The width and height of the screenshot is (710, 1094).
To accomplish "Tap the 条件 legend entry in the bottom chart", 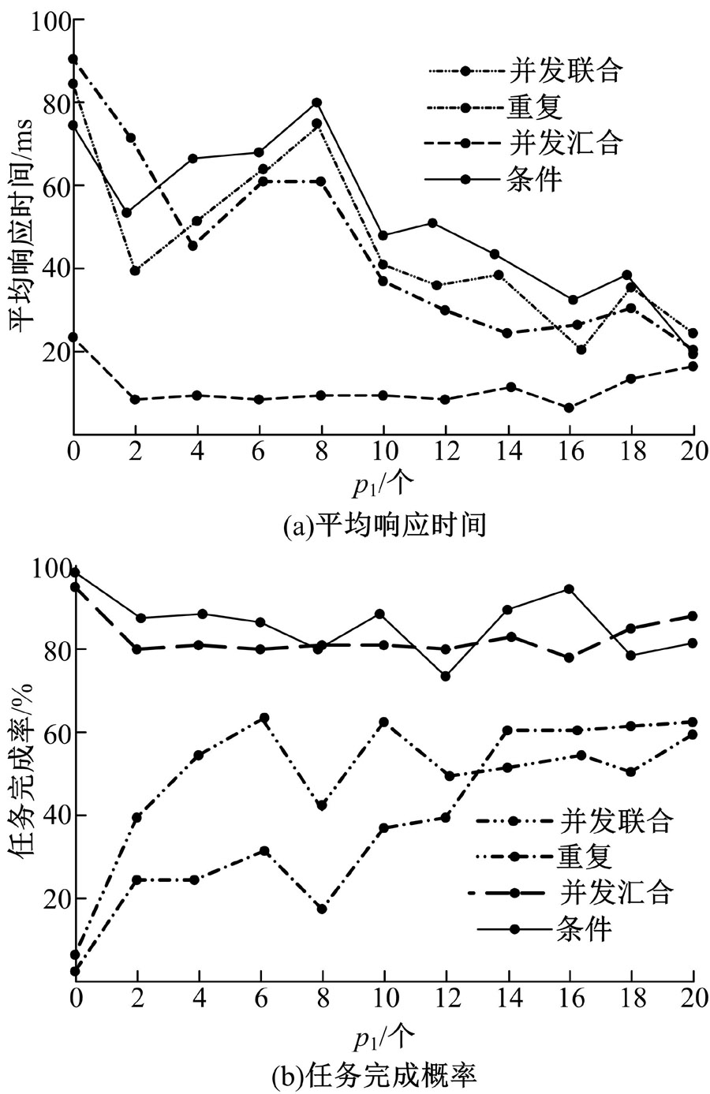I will click(584, 928).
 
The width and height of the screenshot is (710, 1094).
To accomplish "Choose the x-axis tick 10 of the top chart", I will click(383, 454).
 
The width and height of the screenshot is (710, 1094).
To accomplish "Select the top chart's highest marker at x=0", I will click(73, 59).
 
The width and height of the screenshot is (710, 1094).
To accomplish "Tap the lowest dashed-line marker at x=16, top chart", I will click(569, 408).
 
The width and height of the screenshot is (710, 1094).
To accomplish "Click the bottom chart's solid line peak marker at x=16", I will click(569, 589).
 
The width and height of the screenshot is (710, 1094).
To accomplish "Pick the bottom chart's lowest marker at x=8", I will click(322, 909).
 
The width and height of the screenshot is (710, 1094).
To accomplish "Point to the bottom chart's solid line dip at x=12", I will click(445, 676).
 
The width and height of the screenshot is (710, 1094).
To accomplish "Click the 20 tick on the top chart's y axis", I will click(52, 351).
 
